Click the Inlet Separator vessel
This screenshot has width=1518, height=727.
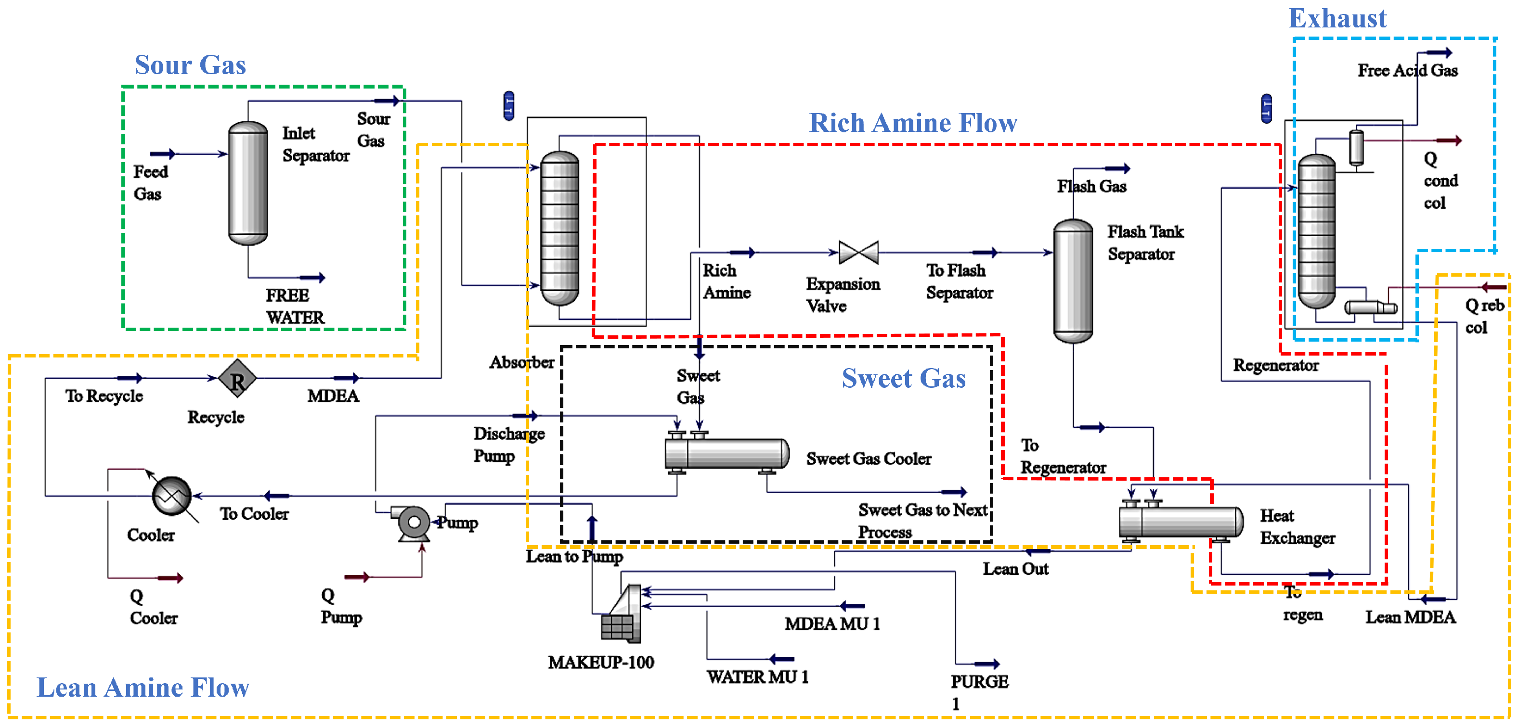point(247,183)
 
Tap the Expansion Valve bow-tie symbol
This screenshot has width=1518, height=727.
point(858,252)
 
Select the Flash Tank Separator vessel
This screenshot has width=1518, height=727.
point(1073,281)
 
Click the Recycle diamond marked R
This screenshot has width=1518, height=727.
point(237,379)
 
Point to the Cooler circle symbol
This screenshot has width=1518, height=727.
point(171,496)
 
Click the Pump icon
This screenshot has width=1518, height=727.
point(413,523)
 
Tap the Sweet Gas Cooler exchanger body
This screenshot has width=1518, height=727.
point(728,453)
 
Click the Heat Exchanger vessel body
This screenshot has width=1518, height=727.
point(1181,522)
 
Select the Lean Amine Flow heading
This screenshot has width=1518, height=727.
point(143,687)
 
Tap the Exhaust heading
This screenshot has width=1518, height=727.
point(1337,18)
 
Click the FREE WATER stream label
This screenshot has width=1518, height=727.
point(295,306)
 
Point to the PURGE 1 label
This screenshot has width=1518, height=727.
point(979,691)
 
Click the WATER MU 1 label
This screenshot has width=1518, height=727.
point(757,677)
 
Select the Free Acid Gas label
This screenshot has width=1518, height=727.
point(1407,71)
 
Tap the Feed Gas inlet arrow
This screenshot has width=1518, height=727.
point(162,154)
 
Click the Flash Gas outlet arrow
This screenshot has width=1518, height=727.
point(1116,168)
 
